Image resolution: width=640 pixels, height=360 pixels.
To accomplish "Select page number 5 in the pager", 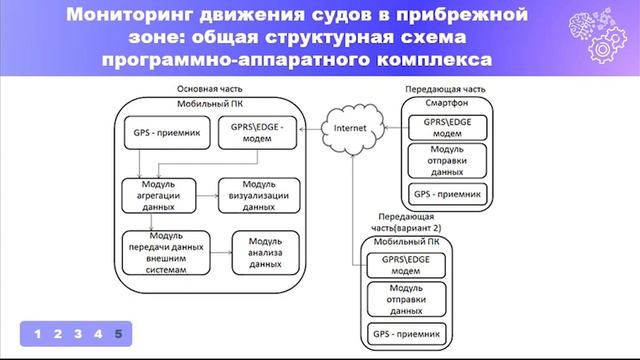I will coord(118,333).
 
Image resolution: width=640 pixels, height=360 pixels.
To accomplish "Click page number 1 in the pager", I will coord(37,333).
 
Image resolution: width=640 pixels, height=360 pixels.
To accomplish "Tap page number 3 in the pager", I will coord(77,333).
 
